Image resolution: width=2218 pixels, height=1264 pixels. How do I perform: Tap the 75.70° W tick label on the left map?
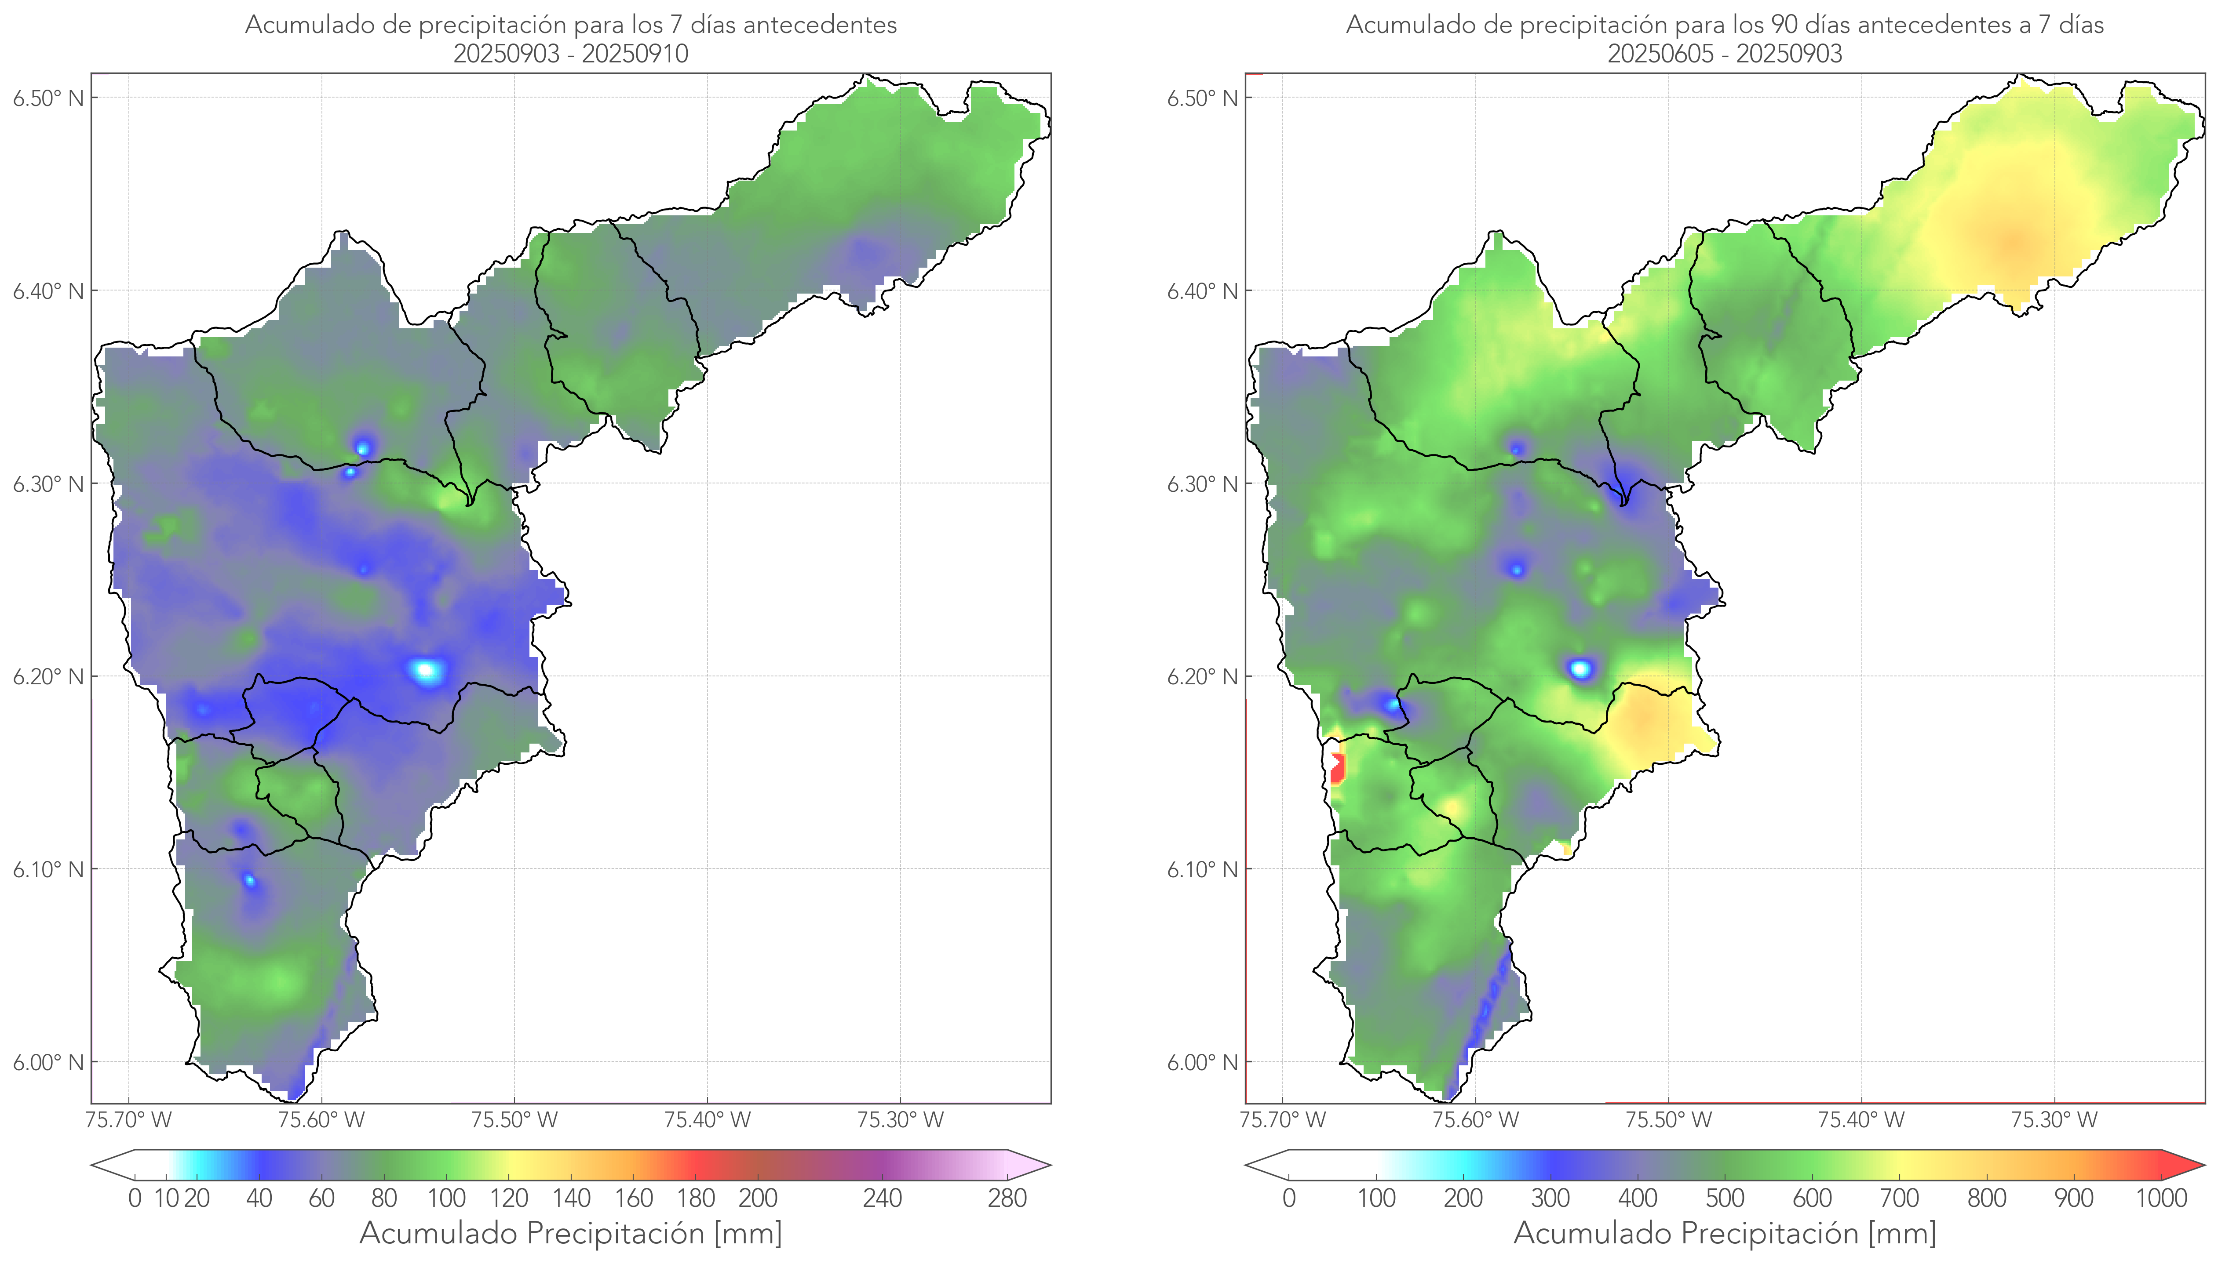[x=128, y=1120]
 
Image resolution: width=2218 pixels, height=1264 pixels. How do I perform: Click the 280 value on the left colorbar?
[x=1007, y=1198]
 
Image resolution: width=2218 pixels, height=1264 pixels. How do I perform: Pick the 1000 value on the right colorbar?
[x=2161, y=1198]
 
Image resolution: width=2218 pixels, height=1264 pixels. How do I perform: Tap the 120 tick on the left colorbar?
[x=509, y=1198]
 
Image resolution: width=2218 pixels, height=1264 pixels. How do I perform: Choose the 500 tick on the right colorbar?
[x=1725, y=1198]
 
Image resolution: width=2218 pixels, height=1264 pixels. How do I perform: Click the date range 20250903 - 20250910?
[x=571, y=54]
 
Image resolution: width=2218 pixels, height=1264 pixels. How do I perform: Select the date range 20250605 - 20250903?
[x=1725, y=54]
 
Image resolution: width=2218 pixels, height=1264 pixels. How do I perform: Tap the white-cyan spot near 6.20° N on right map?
[x=1580, y=668]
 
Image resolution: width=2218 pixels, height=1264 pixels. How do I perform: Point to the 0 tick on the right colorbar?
[x=1289, y=1198]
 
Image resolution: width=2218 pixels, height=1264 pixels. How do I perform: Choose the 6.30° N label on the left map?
[x=48, y=483]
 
